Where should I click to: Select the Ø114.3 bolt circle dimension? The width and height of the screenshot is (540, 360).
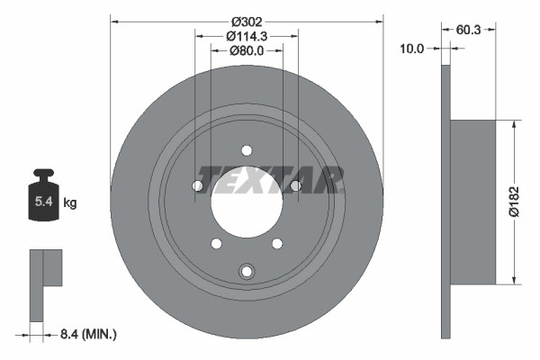(x=247, y=35)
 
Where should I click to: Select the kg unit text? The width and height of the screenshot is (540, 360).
(x=70, y=202)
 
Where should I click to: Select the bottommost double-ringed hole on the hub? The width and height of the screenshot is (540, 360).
(x=247, y=271)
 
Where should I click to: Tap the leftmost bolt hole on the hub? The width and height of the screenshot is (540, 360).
(x=198, y=185)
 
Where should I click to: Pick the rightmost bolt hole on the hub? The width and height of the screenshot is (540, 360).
(x=295, y=185)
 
